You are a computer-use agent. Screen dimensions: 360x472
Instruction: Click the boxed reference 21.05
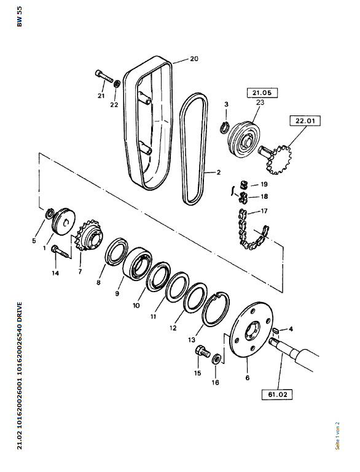pyautogui.click(x=262, y=93)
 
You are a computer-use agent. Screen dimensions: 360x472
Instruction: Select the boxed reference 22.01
pyautogui.click(x=305, y=121)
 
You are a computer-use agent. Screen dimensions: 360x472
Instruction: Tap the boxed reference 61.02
pyautogui.click(x=276, y=393)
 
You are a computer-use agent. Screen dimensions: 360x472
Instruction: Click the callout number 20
pyautogui.click(x=194, y=59)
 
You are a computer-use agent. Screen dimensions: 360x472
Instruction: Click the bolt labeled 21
pyautogui.click(x=104, y=76)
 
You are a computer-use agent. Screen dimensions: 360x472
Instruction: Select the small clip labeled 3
pyautogui.click(x=225, y=127)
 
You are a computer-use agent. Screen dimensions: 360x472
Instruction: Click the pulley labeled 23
pyautogui.click(x=243, y=138)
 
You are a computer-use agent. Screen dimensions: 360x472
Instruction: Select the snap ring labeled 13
pyautogui.click(x=216, y=309)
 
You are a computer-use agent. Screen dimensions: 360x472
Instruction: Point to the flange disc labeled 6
pyautogui.click(x=252, y=330)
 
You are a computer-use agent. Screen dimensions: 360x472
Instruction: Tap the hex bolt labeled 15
pyautogui.click(x=203, y=352)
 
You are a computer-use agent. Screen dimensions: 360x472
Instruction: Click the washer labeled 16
pyautogui.click(x=217, y=358)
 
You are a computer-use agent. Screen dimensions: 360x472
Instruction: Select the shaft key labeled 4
pyautogui.click(x=275, y=330)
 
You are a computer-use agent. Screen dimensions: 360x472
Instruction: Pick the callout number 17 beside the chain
pyautogui.click(x=264, y=211)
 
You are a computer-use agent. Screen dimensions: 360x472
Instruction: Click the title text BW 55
pyautogui.click(x=20, y=17)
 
